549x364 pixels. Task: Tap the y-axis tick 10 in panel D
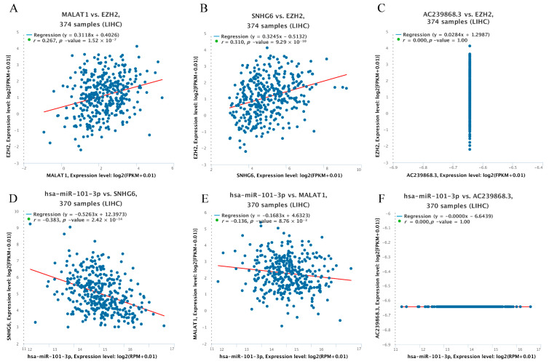pyautogui.click(x=19, y=212)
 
